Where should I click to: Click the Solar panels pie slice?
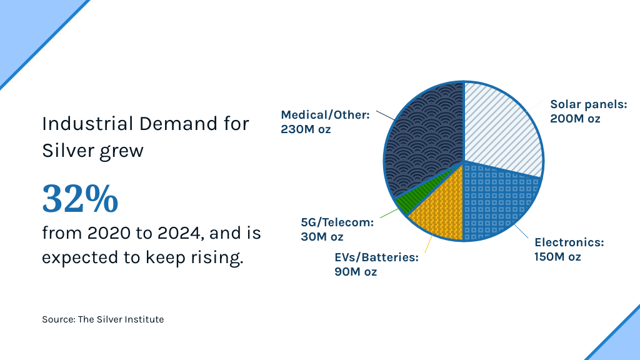[x=500, y=128]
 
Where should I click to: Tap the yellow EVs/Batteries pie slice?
[x=437, y=212]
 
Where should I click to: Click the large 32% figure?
[x=80, y=199]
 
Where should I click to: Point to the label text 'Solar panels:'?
[x=588, y=104]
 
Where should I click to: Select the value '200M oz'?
[x=575, y=119]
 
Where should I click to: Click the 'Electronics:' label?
[x=569, y=242]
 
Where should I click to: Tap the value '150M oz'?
[x=557, y=257]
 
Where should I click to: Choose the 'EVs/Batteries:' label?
[x=376, y=257]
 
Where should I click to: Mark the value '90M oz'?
[x=356, y=272]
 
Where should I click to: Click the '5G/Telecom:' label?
[x=337, y=222]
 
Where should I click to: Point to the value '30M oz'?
[x=322, y=237]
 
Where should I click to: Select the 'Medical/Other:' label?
[x=326, y=115]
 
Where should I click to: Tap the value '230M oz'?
[x=306, y=129]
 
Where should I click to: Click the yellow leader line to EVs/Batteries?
[x=429, y=246]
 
